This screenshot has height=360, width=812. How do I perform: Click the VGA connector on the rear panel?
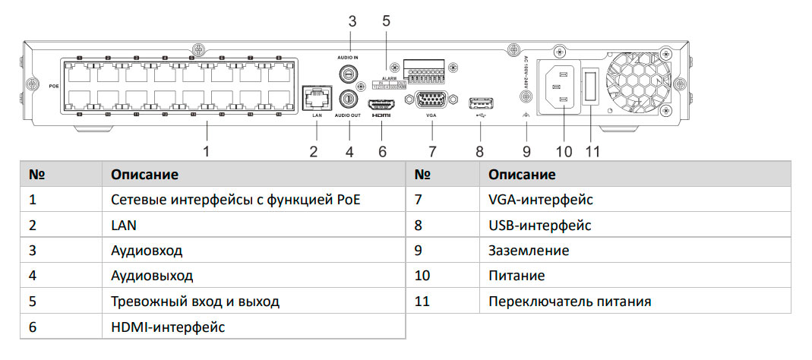431,102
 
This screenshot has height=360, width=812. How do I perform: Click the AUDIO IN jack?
349,74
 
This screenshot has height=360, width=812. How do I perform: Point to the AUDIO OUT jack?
349,97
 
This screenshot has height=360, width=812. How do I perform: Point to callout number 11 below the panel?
592,151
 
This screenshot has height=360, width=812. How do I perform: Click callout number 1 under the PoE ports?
206,151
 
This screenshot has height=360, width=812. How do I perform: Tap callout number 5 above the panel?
386,21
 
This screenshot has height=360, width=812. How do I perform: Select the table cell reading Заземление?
529,250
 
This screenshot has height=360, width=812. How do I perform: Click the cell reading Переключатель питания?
570,302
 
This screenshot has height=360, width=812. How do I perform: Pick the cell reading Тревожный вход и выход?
195,302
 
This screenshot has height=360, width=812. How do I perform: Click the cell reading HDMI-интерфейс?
168,327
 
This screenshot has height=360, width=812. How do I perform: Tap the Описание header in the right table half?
522,175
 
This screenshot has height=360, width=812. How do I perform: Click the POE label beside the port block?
54,85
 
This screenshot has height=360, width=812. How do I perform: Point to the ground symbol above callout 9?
526,115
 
